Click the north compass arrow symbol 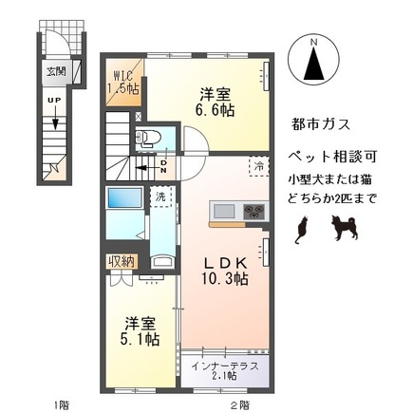coord(313,64)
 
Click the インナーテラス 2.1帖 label coord(225,370)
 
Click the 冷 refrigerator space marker coord(258,166)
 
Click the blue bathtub coord(123,200)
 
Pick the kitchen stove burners coord(253,211)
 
